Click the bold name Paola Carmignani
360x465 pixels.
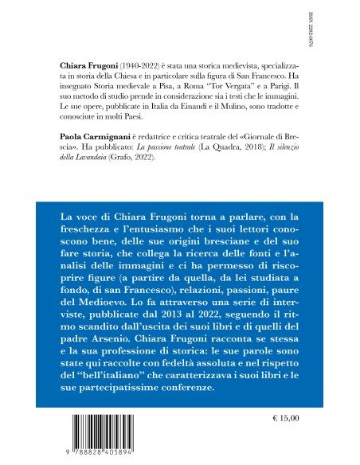pyautogui.click(x=92, y=136)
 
